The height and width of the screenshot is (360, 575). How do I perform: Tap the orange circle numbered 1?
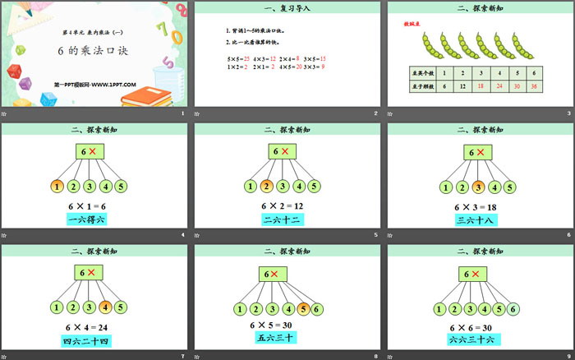click(x=57, y=186)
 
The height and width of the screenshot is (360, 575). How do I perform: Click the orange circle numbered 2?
click(x=267, y=186)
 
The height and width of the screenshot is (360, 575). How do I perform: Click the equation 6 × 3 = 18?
click(x=479, y=205)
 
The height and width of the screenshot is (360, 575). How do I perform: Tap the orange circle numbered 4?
click(x=105, y=307)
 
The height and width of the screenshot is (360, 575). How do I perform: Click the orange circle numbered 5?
click(x=305, y=310)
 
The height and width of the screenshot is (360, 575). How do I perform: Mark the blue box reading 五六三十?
click(x=279, y=337)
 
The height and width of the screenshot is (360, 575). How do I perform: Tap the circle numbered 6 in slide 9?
click(x=514, y=310)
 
